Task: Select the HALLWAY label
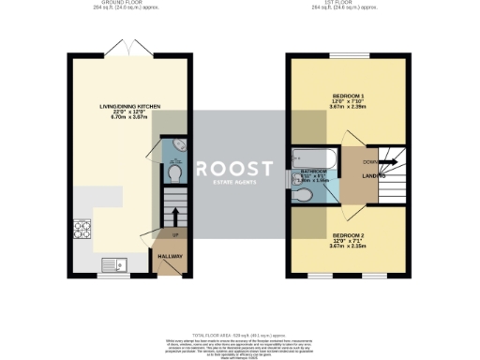tap(169, 256)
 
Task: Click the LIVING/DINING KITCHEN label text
tap(130, 107)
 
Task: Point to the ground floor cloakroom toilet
tap(175, 175)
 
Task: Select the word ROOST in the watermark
tap(235, 168)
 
